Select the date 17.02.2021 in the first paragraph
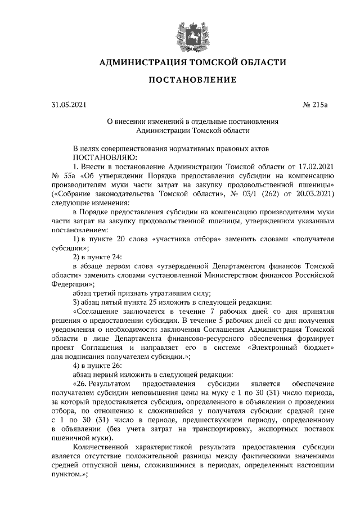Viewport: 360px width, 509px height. click(313, 167)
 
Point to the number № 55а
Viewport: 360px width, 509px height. click(62, 175)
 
